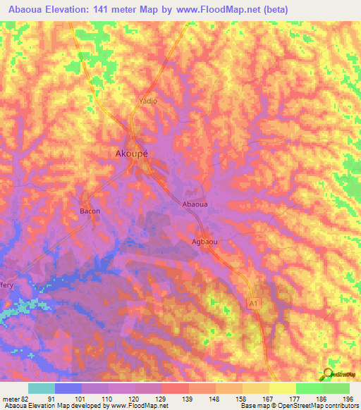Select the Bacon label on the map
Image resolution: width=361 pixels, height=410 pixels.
(x=90, y=211)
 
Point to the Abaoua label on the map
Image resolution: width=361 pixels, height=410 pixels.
(x=195, y=204)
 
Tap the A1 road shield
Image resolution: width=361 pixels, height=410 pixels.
(x=252, y=303)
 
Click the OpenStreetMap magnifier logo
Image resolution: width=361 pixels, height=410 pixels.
(x=327, y=374)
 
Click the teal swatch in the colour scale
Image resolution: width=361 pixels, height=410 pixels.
(x=42, y=388)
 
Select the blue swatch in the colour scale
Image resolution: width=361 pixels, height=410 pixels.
(x=68, y=388)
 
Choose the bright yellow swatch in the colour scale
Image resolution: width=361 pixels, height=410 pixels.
(x=282, y=388)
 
